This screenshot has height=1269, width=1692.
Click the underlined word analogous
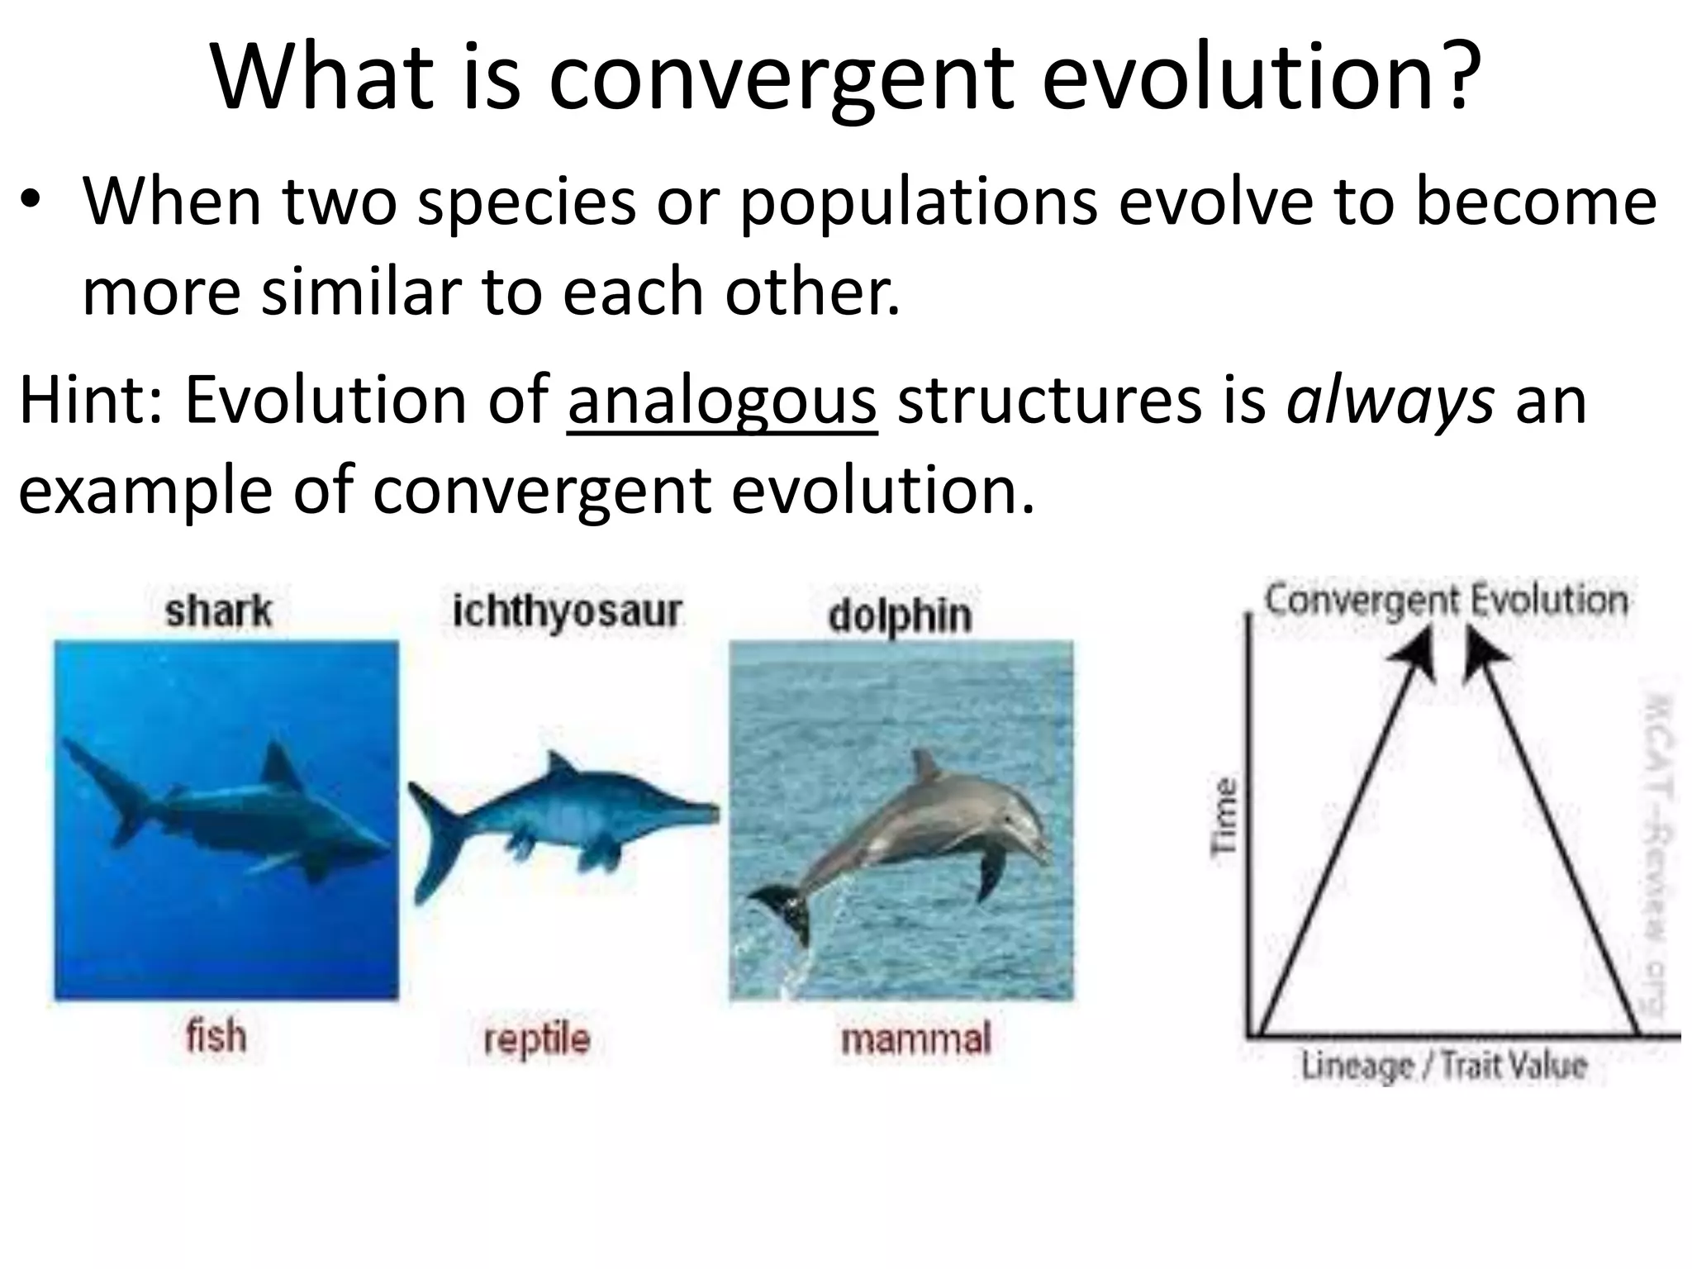722,402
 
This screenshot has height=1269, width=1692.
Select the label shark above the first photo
218,611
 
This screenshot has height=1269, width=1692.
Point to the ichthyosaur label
568,611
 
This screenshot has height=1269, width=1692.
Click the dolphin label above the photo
900,615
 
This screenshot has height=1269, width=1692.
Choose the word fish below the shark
216,1036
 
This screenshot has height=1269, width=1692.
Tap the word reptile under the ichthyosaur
537,1038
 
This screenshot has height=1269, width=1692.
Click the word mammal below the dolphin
915,1038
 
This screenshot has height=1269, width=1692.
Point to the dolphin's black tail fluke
781,909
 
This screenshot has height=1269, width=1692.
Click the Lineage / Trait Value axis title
1444,1065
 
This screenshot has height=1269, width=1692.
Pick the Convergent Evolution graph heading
1446,600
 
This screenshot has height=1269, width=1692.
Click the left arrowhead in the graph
1414,653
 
